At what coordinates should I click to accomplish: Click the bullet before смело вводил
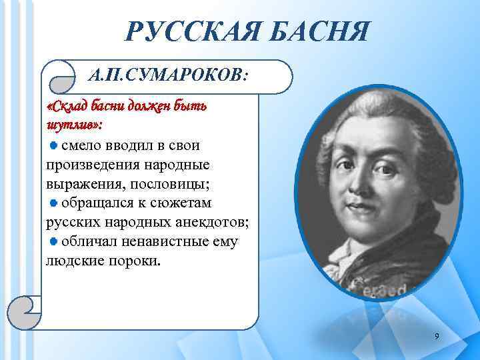coord(54,145)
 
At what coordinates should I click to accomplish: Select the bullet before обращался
coord(54,203)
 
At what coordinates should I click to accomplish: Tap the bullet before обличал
coord(54,241)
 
